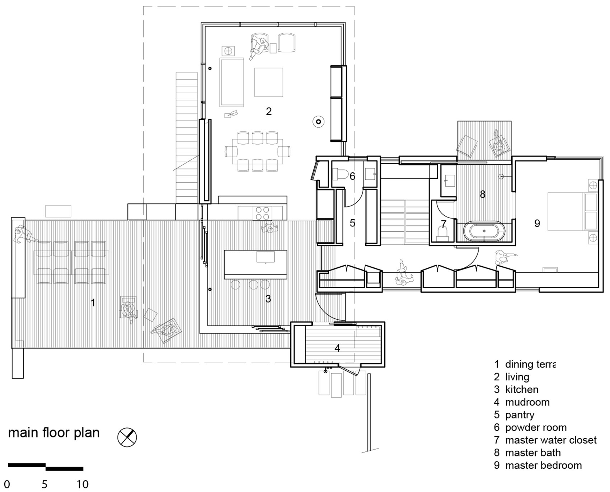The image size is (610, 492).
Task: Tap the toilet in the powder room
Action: point(340,174)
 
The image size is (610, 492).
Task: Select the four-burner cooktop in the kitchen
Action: point(262,213)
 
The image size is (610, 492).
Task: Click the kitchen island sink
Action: point(266,257)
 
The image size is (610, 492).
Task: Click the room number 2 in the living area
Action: point(269,111)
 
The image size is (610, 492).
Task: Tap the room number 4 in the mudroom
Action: point(337,348)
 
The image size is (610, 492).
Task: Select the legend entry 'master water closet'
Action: point(550,440)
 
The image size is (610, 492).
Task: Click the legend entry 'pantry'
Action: point(520,415)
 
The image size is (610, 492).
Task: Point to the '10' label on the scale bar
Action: point(82,484)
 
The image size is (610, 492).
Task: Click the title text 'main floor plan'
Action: point(54,433)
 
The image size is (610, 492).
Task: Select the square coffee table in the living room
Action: point(268,82)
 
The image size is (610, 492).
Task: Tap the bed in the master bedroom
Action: point(567,211)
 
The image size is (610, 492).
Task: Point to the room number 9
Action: point(537,223)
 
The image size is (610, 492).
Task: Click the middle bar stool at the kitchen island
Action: point(254,285)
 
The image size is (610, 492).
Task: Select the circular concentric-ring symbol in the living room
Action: point(318,122)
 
